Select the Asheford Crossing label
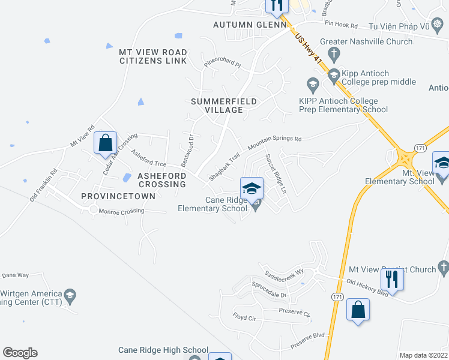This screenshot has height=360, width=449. coord(162,179)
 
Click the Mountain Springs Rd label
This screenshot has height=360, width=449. coord(274,143)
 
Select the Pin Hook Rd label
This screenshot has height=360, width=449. coord(341,25)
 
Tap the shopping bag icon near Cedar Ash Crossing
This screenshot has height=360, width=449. coord(106,143)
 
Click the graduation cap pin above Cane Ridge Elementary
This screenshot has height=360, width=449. coord(252,188)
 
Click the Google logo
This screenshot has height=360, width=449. coord(20,353)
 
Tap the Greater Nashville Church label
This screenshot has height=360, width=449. coord(366,41)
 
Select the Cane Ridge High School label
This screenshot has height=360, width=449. coord(163,350)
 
